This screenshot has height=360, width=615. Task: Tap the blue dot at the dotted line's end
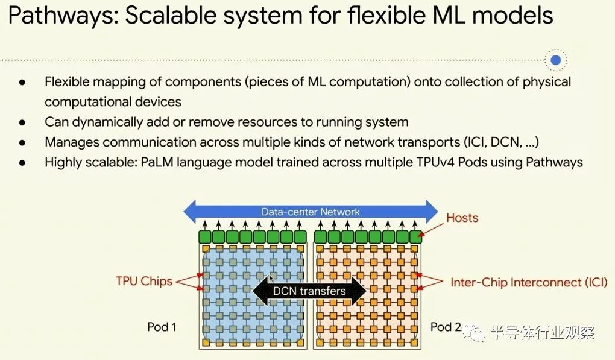pos(556,60)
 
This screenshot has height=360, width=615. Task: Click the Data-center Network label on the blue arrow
pos(311,212)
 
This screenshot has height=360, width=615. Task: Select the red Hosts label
pos(462,217)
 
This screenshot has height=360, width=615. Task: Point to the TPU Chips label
pos(144,281)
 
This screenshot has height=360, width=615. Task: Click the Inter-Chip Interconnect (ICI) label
pos(528,282)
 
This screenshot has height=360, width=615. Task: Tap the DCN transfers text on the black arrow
pos(309,291)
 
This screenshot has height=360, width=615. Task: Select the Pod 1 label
pos(162,327)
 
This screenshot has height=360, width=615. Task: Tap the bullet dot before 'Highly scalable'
pos(22,162)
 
